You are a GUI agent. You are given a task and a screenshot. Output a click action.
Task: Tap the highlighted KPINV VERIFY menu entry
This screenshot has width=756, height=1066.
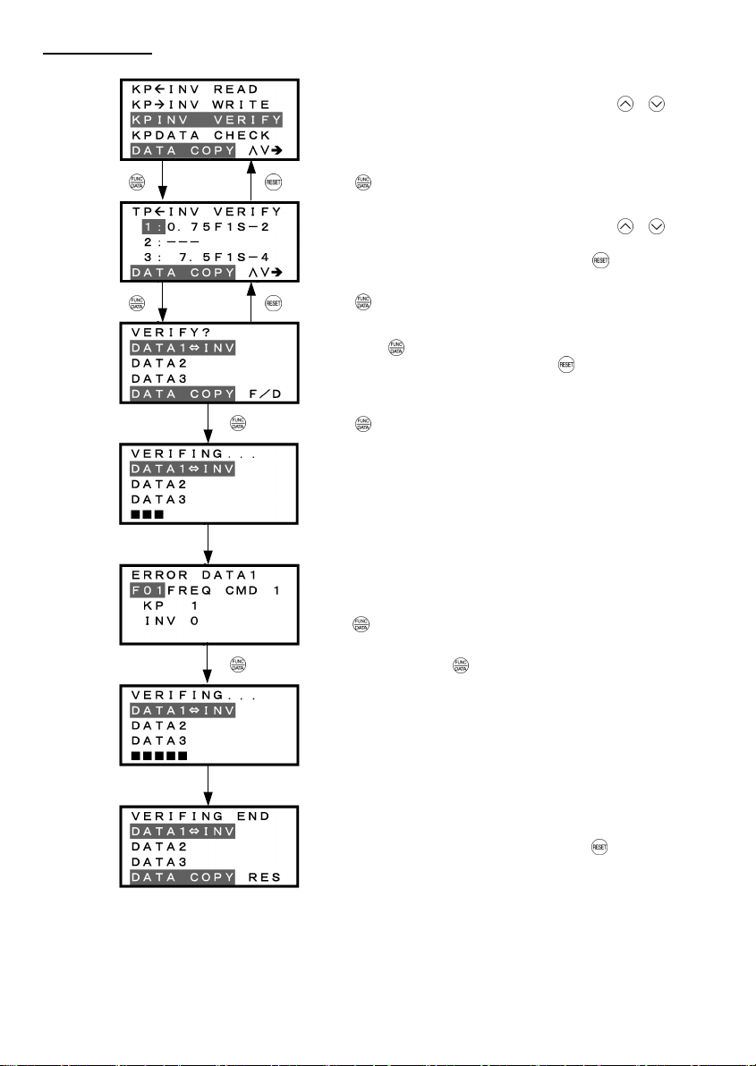[x=208, y=120]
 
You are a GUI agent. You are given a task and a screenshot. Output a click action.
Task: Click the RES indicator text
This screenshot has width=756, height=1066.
[x=264, y=876]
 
